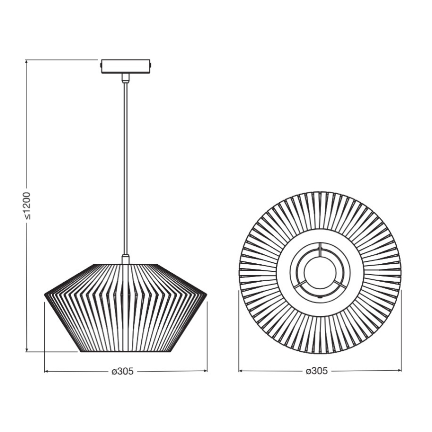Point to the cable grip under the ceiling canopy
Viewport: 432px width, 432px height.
tap(125, 77)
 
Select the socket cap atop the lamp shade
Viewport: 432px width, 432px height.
tap(125, 259)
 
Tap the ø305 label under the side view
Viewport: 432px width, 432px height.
tap(123, 371)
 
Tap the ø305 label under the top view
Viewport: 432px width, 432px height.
tap(317, 371)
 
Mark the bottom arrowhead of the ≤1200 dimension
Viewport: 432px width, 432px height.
tap(26, 350)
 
